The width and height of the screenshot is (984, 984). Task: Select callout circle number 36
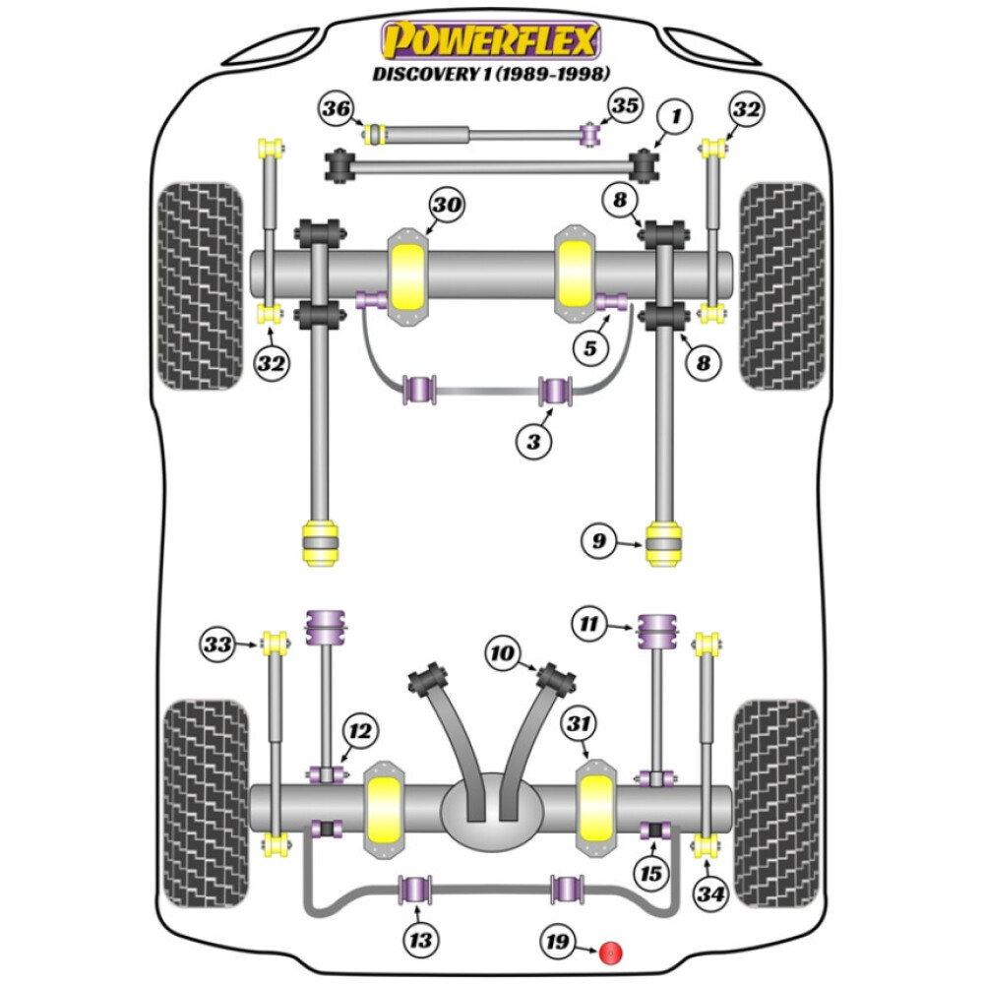[x=337, y=110]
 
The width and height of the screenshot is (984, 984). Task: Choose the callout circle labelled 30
[x=446, y=207]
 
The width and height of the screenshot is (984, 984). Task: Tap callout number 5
[x=589, y=346]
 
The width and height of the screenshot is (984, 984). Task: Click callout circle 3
[x=534, y=441]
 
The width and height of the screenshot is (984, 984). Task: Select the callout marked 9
[x=598, y=540]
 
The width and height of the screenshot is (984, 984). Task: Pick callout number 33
[x=218, y=646]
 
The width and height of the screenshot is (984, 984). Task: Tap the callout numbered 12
[x=360, y=731]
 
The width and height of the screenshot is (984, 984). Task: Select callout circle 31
[x=579, y=724]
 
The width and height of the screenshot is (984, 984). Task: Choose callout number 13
[x=420, y=941]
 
